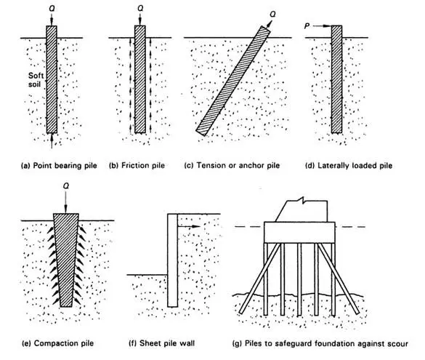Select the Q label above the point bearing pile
point(51,9)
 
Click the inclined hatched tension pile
point(228,81)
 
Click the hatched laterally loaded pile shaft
point(336,80)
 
